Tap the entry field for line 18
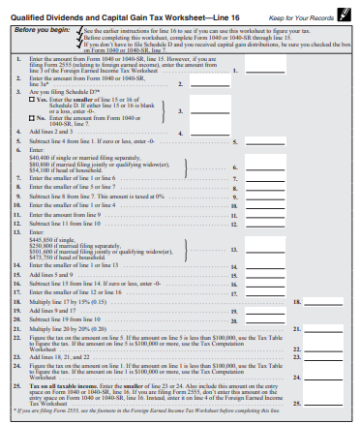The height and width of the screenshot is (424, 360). coord(328,301)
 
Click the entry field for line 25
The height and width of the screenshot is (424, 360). coord(328,402)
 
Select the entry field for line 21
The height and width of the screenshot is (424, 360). coord(328,330)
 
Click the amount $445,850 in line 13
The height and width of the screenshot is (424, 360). coord(45,240)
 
